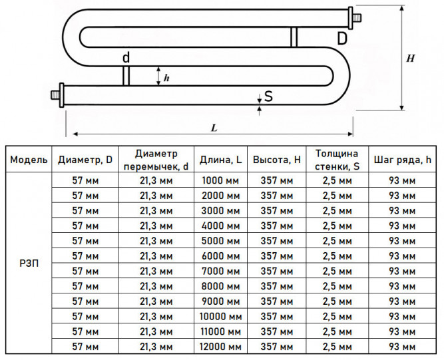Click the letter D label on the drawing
(342, 38)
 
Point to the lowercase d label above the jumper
(126, 57)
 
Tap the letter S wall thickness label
(268, 96)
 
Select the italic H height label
(410, 59)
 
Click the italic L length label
(214, 128)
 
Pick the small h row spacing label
(166, 78)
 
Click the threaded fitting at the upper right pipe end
(354, 18)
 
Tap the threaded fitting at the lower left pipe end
(57, 94)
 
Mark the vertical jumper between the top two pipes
(294, 37)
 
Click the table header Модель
(29, 160)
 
